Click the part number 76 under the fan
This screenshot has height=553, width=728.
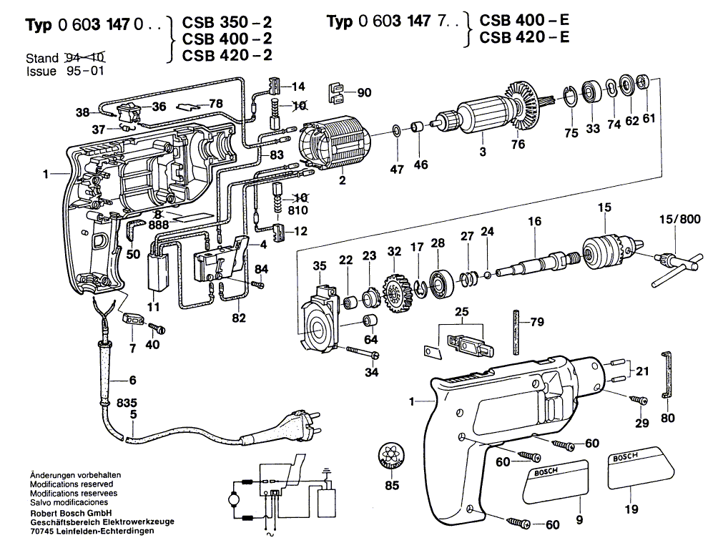(518, 144)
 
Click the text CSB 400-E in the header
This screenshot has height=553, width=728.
(524, 21)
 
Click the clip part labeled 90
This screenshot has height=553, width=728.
(338, 92)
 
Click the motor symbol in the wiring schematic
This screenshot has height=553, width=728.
(234, 496)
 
